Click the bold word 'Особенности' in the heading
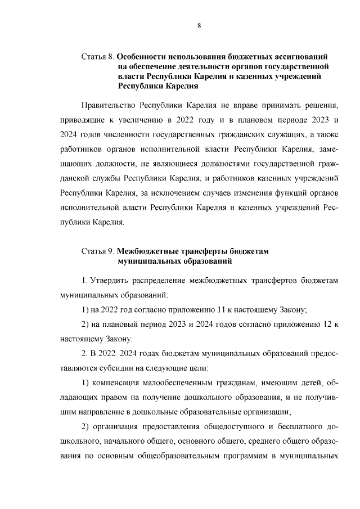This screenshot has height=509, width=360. (x=146, y=57)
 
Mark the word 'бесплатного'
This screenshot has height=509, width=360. (x=283, y=427)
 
